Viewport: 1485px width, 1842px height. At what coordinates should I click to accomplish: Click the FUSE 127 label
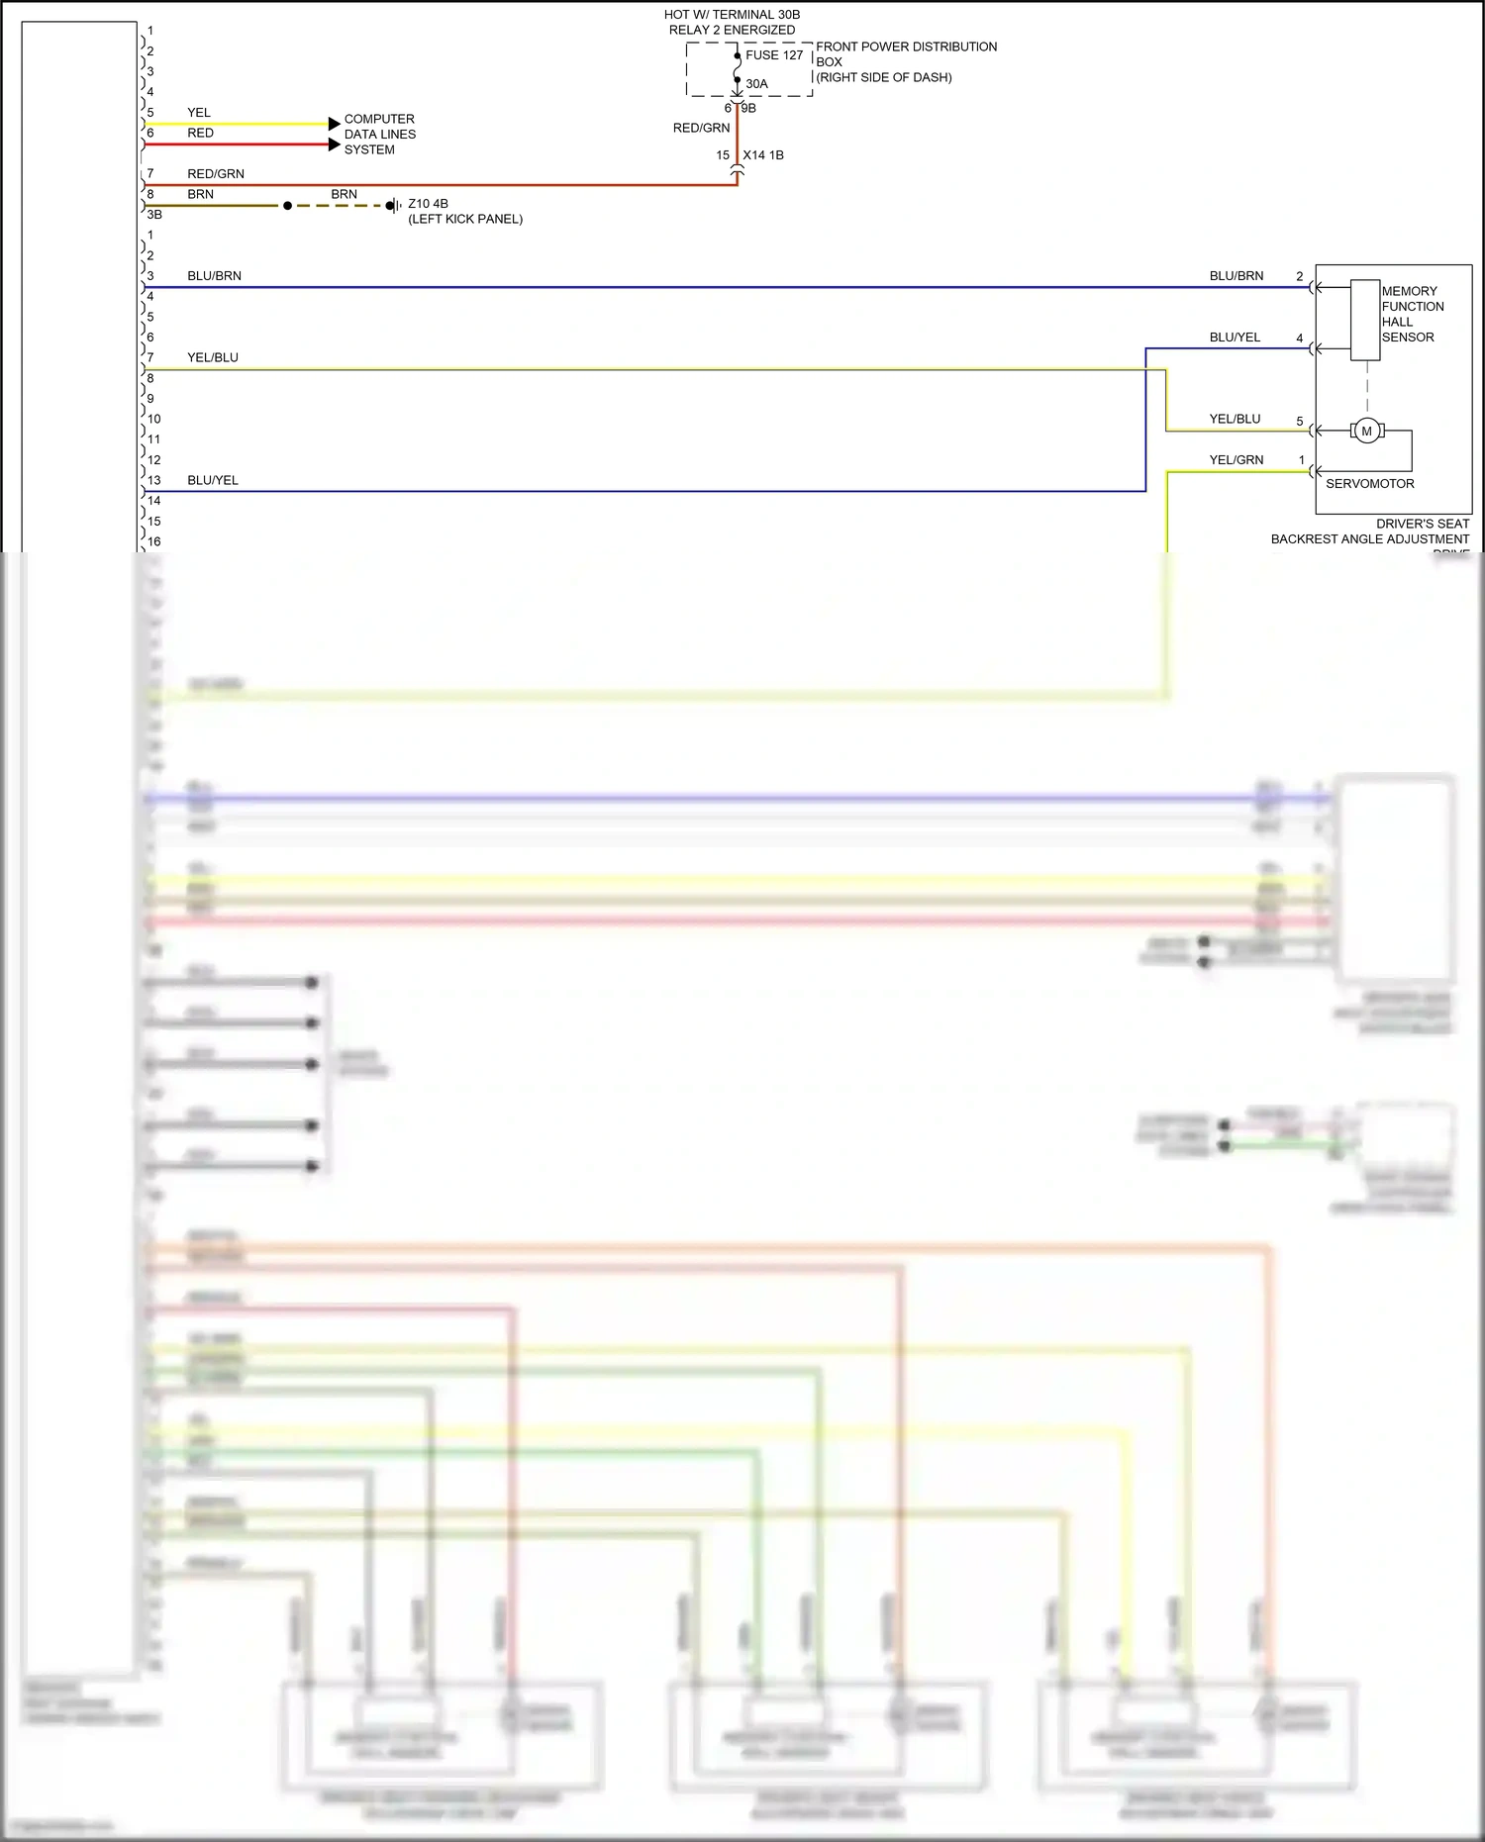pyautogui.click(x=774, y=55)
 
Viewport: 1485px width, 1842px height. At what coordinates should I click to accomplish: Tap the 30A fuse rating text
pyautogui.click(x=756, y=84)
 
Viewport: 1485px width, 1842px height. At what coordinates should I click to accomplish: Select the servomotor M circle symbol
pyautogui.click(x=1367, y=431)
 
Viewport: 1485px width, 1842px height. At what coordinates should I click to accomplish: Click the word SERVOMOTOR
pyautogui.click(x=1369, y=484)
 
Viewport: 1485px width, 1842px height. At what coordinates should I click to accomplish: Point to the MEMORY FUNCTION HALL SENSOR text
pyautogui.click(x=1412, y=314)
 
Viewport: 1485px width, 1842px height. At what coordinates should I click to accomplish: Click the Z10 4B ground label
pyautogui.click(x=428, y=204)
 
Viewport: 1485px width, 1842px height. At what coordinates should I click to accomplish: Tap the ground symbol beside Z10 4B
pyautogui.click(x=393, y=206)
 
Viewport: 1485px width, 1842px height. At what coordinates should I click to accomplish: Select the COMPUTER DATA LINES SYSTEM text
pyautogui.click(x=379, y=135)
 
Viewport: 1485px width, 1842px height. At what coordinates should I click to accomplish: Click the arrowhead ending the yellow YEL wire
pyautogui.click(x=335, y=124)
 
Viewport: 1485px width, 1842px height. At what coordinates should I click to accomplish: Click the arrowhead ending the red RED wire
pyautogui.click(x=335, y=145)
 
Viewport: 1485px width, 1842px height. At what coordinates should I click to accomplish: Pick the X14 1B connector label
pyautogui.click(x=763, y=155)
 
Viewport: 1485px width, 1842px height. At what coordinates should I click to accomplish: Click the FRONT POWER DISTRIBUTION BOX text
pyautogui.click(x=905, y=61)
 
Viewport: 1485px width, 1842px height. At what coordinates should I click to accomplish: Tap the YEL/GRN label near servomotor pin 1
pyautogui.click(x=1236, y=460)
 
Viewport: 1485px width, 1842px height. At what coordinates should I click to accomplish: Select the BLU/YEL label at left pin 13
pyautogui.click(x=213, y=481)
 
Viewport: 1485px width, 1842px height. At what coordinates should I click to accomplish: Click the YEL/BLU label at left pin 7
pyautogui.click(x=213, y=358)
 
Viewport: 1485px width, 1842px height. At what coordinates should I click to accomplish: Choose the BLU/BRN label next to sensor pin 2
pyautogui.click(x=1236, y=276)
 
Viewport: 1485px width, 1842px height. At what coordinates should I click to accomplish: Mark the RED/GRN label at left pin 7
pyautogui.click(x=216, y=174)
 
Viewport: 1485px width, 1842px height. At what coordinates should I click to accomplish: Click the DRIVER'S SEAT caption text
pyautogui.click(x=1422, y=524)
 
